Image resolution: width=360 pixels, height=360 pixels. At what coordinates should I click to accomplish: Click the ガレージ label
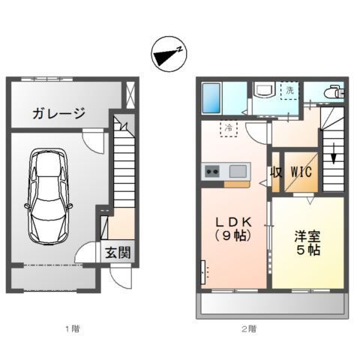click(x=57, y=113)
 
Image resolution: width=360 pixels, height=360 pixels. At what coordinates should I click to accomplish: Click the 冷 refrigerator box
click(x=228, y=127)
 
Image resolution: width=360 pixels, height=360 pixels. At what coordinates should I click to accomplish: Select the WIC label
click(x=302, y=172)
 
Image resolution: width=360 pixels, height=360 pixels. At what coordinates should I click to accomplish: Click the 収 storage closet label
click(x=276, y=172)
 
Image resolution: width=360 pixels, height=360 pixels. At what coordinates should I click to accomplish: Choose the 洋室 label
click(x=307, y=234)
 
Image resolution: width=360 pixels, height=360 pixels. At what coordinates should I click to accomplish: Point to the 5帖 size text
click(x=307, y=250)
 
